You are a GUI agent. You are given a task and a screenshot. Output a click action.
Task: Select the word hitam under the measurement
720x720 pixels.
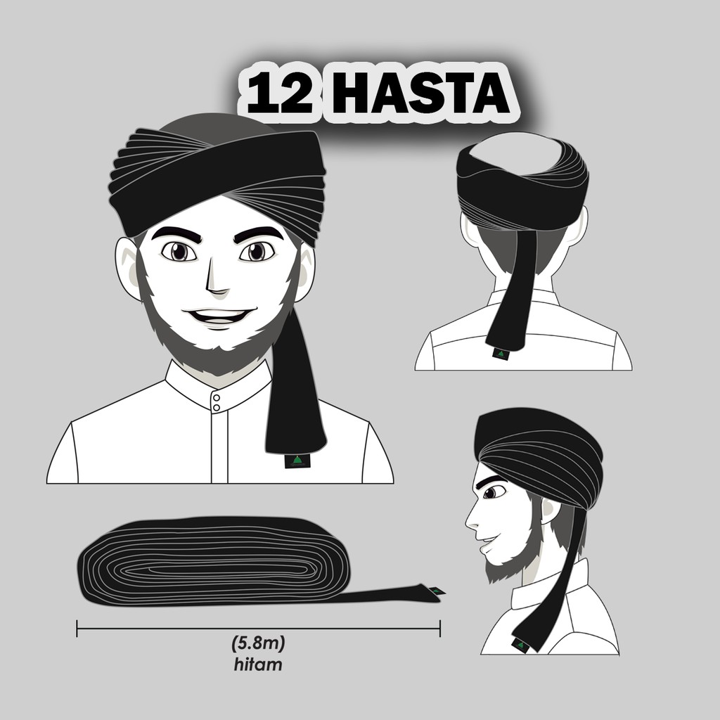(257, 664)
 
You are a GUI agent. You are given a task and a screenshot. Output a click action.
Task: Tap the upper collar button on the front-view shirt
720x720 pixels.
(217, 398)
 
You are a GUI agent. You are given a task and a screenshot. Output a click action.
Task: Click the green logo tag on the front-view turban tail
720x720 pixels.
(297, 461)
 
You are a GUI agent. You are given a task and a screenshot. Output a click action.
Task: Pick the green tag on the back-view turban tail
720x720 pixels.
(501, 354)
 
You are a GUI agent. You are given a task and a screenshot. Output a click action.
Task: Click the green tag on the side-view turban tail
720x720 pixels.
(521, 645)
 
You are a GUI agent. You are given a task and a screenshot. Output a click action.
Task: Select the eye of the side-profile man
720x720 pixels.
(494, 491)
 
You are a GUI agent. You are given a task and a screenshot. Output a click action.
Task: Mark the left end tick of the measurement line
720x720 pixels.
(77, 628)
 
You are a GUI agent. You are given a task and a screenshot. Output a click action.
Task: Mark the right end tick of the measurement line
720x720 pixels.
(440, 628)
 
